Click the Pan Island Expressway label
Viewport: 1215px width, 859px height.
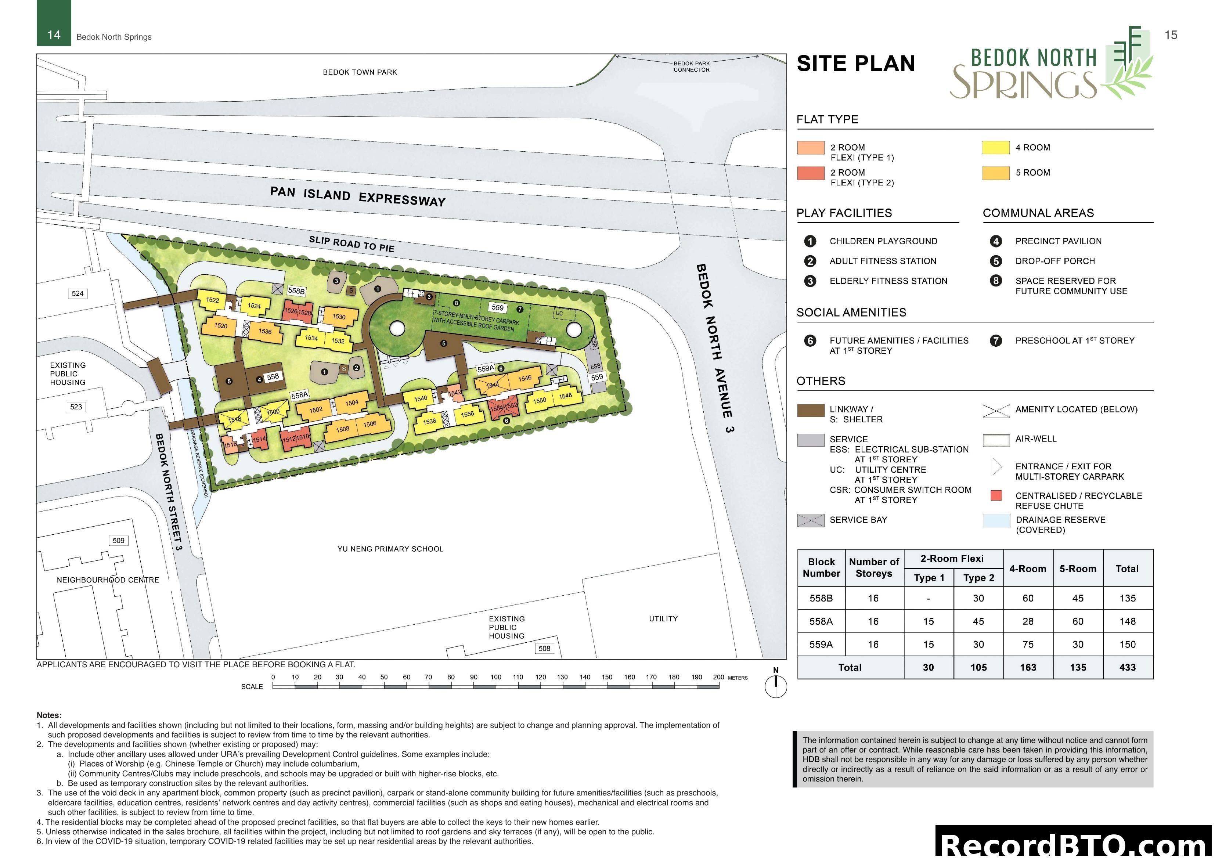pos(358,196)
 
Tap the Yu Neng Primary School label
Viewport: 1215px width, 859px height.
pos(390,549)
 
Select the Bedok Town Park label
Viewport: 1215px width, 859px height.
pos(360,72)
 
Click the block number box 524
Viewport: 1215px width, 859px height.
pos(78,293)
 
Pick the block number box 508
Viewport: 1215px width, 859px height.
pos(544,648)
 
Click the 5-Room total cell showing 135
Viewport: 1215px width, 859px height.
pos(1077,667)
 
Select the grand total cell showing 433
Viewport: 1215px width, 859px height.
pos(1127,667)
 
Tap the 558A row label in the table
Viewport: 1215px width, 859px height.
pos(821,621)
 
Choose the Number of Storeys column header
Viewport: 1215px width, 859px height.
pos(874,567)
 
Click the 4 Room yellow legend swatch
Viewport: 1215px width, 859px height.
pos(995,148)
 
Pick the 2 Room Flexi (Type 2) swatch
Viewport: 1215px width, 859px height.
pos(810,173)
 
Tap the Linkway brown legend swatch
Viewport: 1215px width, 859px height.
pos(810,410)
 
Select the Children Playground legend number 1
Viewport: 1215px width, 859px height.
pos(810,241)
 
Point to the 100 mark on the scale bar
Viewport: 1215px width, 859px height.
pos(496,677)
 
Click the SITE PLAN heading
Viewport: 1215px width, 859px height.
pos(856,64)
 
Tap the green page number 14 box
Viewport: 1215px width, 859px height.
pos(54,35)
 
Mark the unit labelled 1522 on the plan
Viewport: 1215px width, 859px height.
pos(212,300)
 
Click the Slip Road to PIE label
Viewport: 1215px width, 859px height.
pos(351,244)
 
